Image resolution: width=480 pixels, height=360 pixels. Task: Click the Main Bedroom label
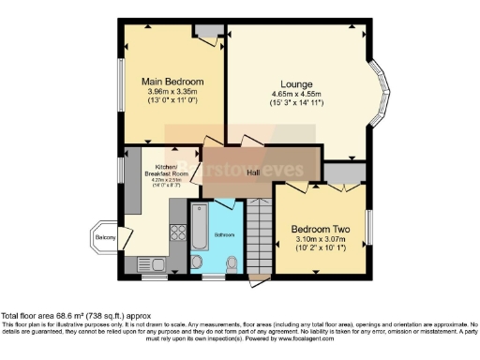coord(172,82)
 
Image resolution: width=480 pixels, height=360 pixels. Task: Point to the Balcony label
coord(105,238)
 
